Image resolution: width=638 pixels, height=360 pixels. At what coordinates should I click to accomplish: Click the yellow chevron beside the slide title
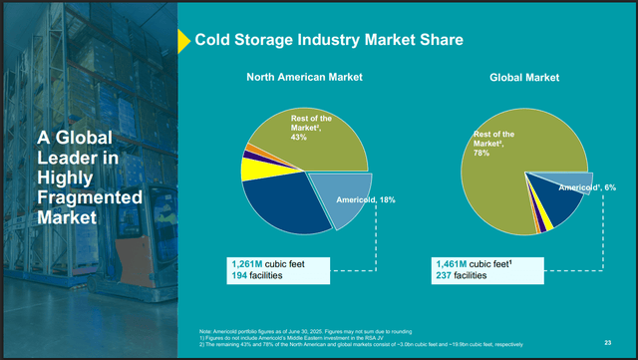pos(183,40)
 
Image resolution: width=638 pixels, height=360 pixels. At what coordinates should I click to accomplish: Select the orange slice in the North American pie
pos(253,148)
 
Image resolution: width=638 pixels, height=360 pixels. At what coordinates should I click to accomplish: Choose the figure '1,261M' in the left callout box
pos(249,263)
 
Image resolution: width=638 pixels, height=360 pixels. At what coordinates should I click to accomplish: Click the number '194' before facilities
pos(241,275)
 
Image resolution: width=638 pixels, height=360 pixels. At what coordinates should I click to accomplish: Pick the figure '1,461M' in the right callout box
pos(455,263)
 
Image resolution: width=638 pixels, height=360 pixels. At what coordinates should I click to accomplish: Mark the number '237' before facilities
pos(446,275)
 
